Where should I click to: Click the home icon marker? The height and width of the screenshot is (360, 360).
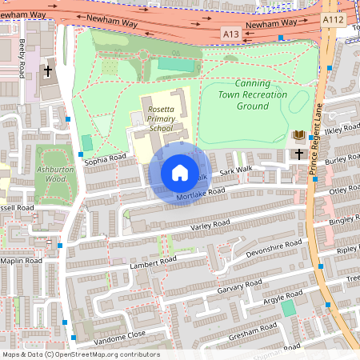(x=179, y=172)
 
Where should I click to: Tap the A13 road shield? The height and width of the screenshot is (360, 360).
(x=230, y=34)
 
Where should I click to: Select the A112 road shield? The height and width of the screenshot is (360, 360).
(x=333, y=18)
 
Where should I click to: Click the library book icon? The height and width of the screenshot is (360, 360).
(x=299, y=136)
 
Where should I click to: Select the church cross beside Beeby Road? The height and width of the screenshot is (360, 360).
(x=47, y=71)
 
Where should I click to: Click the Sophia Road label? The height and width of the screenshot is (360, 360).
(x=106, y=160)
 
